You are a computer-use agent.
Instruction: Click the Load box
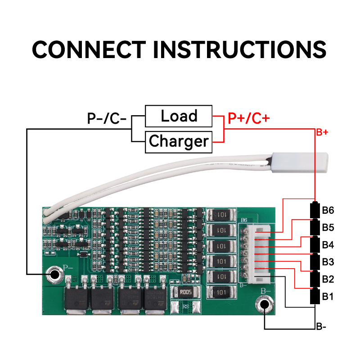pos(179,116)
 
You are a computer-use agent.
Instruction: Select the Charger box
pos(179,141)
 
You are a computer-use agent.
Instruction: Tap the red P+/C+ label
pos(249,118)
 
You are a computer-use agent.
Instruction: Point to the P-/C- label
pos(107,118)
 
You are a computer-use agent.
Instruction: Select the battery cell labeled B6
pos(315,210)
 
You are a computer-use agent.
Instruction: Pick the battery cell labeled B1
pos(315,297)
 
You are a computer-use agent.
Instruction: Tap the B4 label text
pos(328,245)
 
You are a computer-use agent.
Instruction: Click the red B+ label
pos(322,132)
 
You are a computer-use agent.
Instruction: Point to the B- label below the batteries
pos(321,327)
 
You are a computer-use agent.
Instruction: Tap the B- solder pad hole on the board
pos(264,306)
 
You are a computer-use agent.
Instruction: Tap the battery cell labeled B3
pos(315,262)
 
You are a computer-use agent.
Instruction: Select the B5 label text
pos(328,227)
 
